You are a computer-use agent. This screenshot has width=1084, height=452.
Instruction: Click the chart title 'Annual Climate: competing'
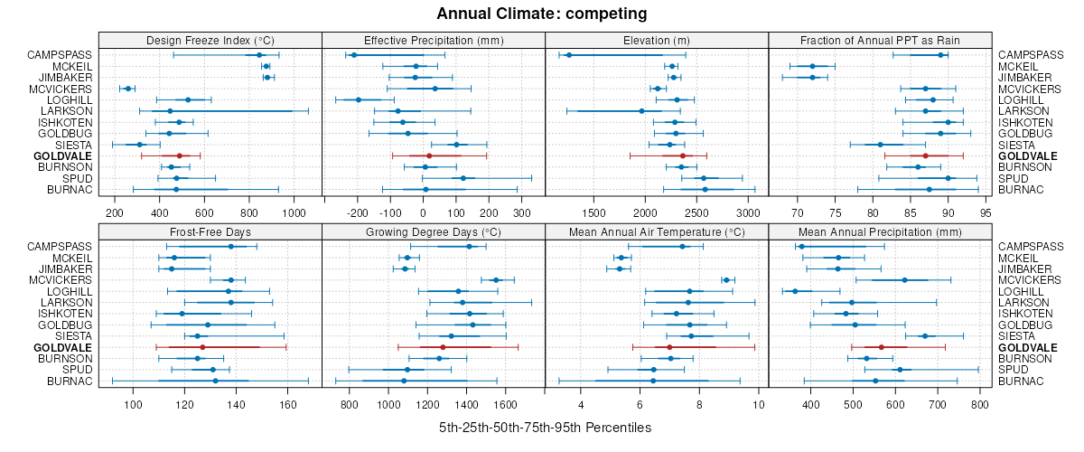point(541,14)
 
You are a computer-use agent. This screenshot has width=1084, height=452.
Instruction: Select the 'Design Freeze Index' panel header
point(210,40)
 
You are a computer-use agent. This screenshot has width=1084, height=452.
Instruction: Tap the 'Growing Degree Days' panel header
point(434,231)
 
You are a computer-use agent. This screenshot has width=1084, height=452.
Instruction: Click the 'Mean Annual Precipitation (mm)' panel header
point(880,231)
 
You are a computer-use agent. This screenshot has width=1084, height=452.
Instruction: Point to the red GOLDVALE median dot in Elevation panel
point(683,155)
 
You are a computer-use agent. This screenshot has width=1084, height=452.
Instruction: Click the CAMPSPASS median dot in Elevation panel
point(569,55)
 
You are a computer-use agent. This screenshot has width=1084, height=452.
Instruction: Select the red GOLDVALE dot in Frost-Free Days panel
point(202,347)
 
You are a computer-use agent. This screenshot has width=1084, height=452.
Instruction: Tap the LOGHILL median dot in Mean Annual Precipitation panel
point(795,291)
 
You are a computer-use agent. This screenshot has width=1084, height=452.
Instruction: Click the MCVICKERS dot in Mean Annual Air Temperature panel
point(726,280)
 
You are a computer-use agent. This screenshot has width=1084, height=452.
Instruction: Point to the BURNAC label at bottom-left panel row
point(70,381)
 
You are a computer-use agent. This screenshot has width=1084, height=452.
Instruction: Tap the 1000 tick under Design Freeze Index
point(294,212)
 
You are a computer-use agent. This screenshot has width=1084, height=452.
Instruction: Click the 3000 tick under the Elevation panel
point(747,212)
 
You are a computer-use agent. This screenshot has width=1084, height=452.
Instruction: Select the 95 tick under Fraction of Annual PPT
point(985,212)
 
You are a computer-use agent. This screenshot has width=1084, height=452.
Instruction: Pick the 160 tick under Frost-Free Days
point(288,404)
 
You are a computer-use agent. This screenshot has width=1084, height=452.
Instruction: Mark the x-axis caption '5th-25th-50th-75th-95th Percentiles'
point(545,427)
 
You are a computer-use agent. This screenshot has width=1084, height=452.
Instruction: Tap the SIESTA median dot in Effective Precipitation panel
point(455,145)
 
